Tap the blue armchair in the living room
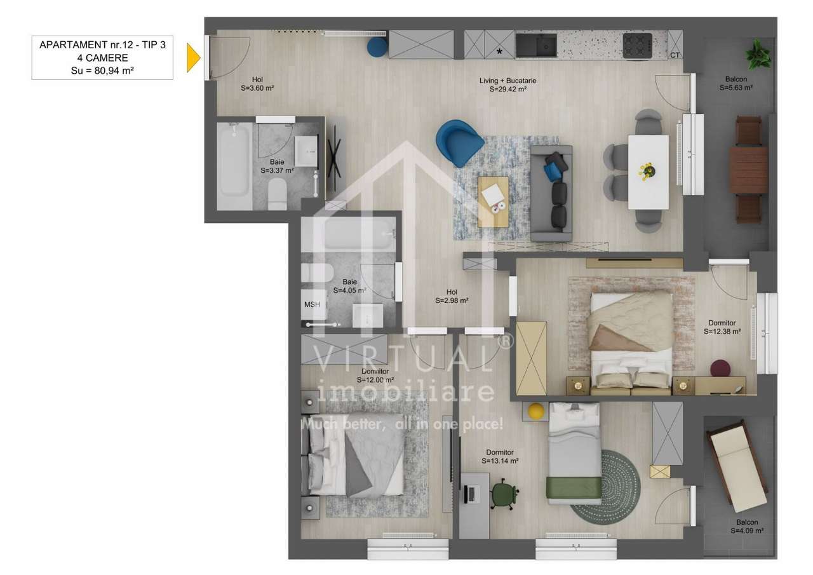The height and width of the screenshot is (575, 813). tap(459, 142)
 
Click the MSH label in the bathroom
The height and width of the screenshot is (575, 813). tap(312, 304)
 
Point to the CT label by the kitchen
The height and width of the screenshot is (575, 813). tap(675, 55)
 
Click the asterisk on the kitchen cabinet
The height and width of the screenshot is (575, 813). tap(500, 51)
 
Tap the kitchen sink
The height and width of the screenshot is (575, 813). tap(536, 45)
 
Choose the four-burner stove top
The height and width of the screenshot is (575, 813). tap(637, 45)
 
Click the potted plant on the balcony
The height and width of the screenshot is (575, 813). tap(758, 55)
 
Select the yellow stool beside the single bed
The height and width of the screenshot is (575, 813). tap(537, 411)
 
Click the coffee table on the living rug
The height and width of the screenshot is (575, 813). tap(493, 201)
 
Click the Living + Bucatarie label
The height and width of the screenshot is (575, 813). tap(508, 85)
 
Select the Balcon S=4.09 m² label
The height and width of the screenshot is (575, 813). tap(746, 527)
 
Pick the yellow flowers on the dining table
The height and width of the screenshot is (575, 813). tap(647, 170)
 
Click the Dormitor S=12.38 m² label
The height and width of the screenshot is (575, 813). tap(722, 327)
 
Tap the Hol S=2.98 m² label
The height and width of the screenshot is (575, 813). tap(452, 297)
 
